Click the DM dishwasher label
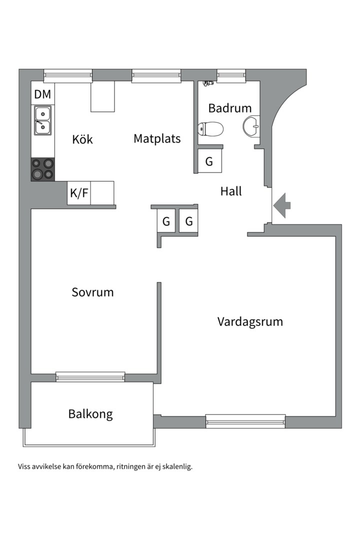42,94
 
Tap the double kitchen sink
42,120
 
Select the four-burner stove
42,169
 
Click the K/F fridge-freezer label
79,193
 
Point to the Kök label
82,139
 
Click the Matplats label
157,138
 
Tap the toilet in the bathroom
210,129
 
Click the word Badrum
230,108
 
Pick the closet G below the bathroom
209,161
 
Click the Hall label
231,191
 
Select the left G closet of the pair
166,221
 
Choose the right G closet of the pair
189,221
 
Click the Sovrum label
92,292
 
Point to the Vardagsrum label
250,321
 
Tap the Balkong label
90,414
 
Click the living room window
245,421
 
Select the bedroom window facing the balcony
90,376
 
